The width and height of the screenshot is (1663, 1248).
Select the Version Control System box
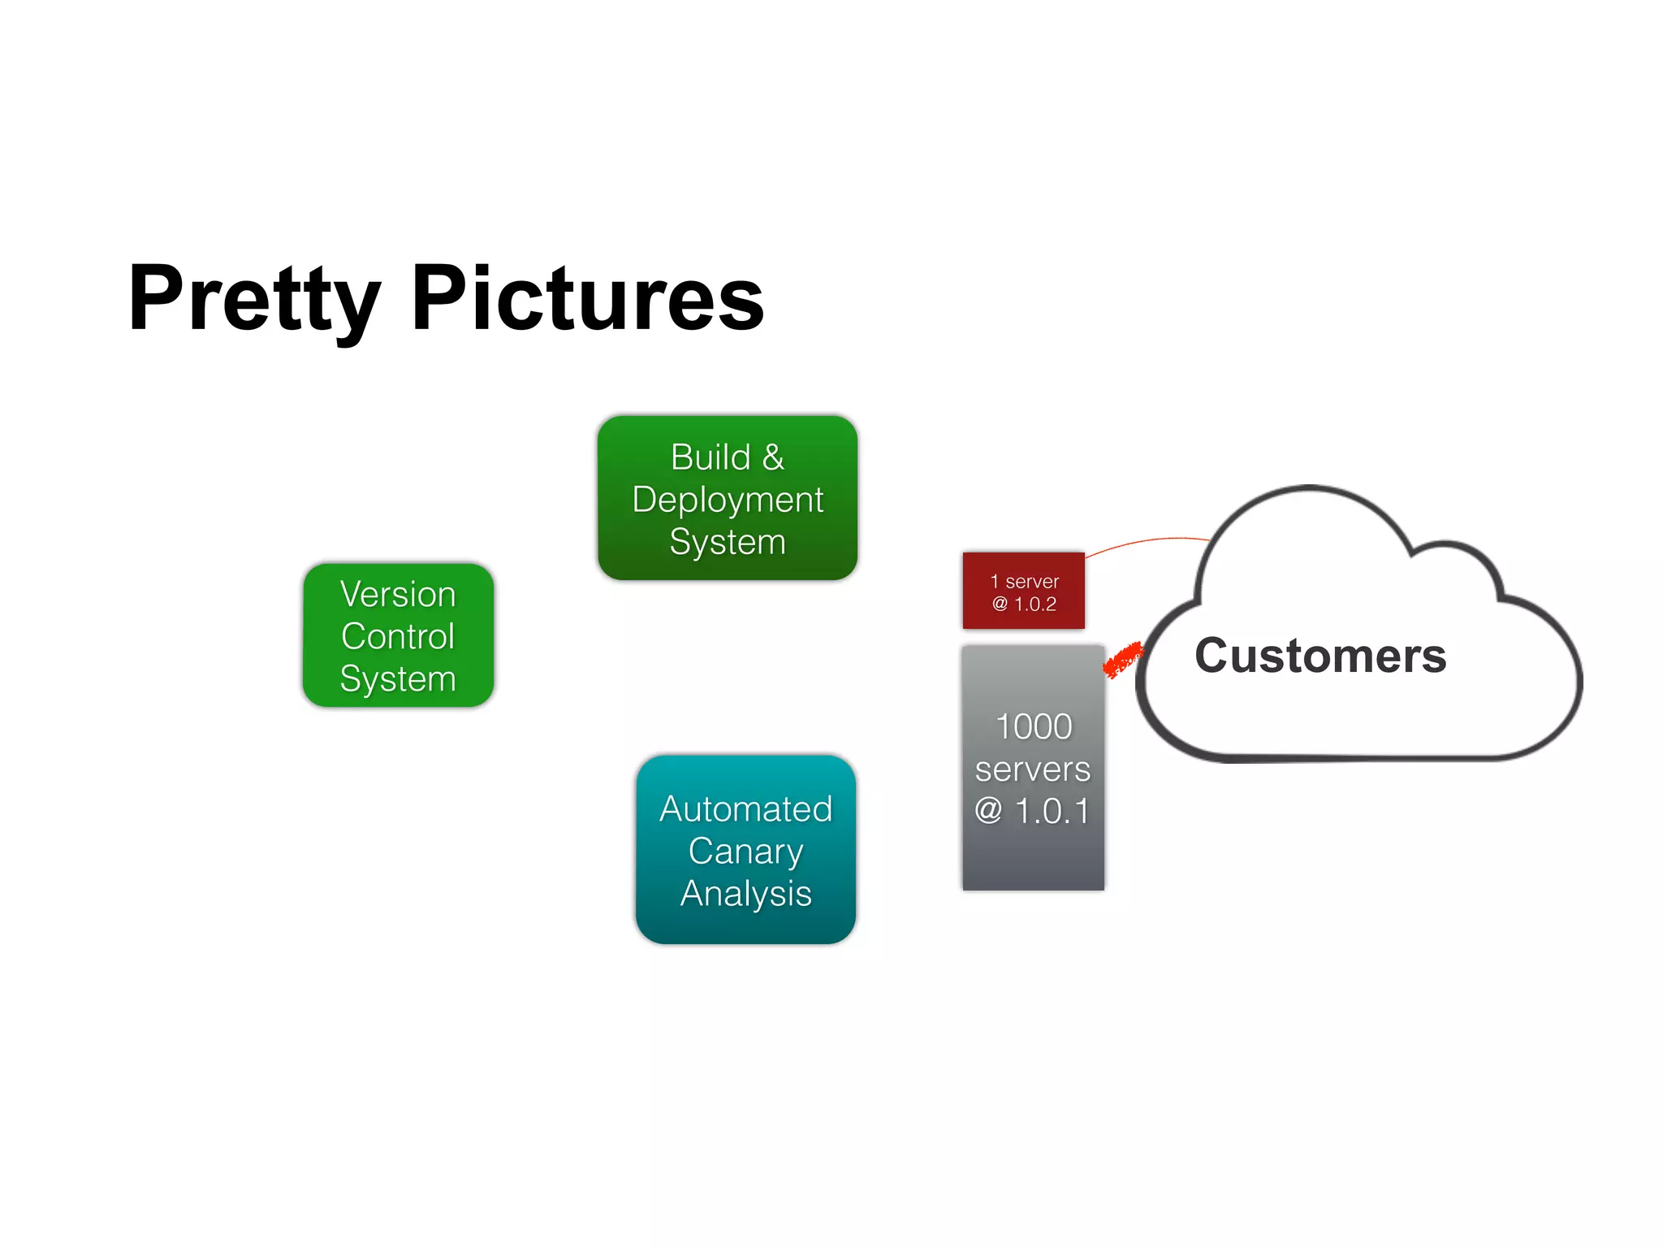(x=398, y=635)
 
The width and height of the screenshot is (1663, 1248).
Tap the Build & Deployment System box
(x=728, y=498)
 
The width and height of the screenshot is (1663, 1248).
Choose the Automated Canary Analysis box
(x=745, y=850)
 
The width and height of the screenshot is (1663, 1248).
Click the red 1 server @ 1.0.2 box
(x=1023, y=591)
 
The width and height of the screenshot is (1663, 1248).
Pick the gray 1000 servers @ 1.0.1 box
(x=1033, y=768)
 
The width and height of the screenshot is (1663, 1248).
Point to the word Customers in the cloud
(x=1320, y=656)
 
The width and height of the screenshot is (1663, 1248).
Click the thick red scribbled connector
(x=1123, y=660)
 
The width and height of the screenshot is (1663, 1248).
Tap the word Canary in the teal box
(x=745, y=851)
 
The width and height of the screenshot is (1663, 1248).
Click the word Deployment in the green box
(x=728, y=500)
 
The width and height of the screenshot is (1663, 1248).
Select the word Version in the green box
(x=398, y=594)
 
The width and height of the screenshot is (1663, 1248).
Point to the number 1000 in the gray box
(x=1034, y=726)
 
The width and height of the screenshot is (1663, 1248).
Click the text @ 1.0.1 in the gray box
(x=1032, y=811)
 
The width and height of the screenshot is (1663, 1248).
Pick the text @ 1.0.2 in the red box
(x=1024, y=604)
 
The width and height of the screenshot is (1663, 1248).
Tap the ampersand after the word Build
(x=773, y=457)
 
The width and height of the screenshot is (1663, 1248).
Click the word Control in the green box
(x=398, y=636)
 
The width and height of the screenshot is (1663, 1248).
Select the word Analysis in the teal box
(x=745, y=894)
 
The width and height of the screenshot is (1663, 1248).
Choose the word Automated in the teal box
(x=745, y=809)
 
